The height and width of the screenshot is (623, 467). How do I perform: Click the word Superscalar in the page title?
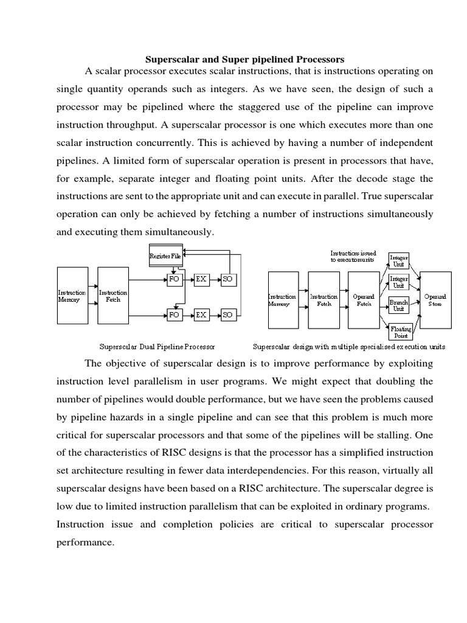click(x=168, y=59)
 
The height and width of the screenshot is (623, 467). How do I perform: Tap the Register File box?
click(x=165, y=256)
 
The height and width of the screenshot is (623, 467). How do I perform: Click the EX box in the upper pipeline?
click(x=201, y=279)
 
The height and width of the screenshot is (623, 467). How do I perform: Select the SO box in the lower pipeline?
click(x=228, y=315)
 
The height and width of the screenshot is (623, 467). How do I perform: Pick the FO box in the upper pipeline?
click(x=174, y=279)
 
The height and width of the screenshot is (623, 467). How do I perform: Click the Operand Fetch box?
click(x=364, y=300)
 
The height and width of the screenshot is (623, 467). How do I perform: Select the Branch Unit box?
click(x=398, y=305)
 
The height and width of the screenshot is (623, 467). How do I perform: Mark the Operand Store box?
click(x=435, y=300)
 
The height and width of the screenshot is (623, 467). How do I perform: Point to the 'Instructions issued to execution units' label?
click(x=353, y=256)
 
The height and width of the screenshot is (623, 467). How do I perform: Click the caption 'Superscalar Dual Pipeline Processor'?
click(x=157, y=347)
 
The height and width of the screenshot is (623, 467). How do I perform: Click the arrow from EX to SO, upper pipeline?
click(x=214, y=279)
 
